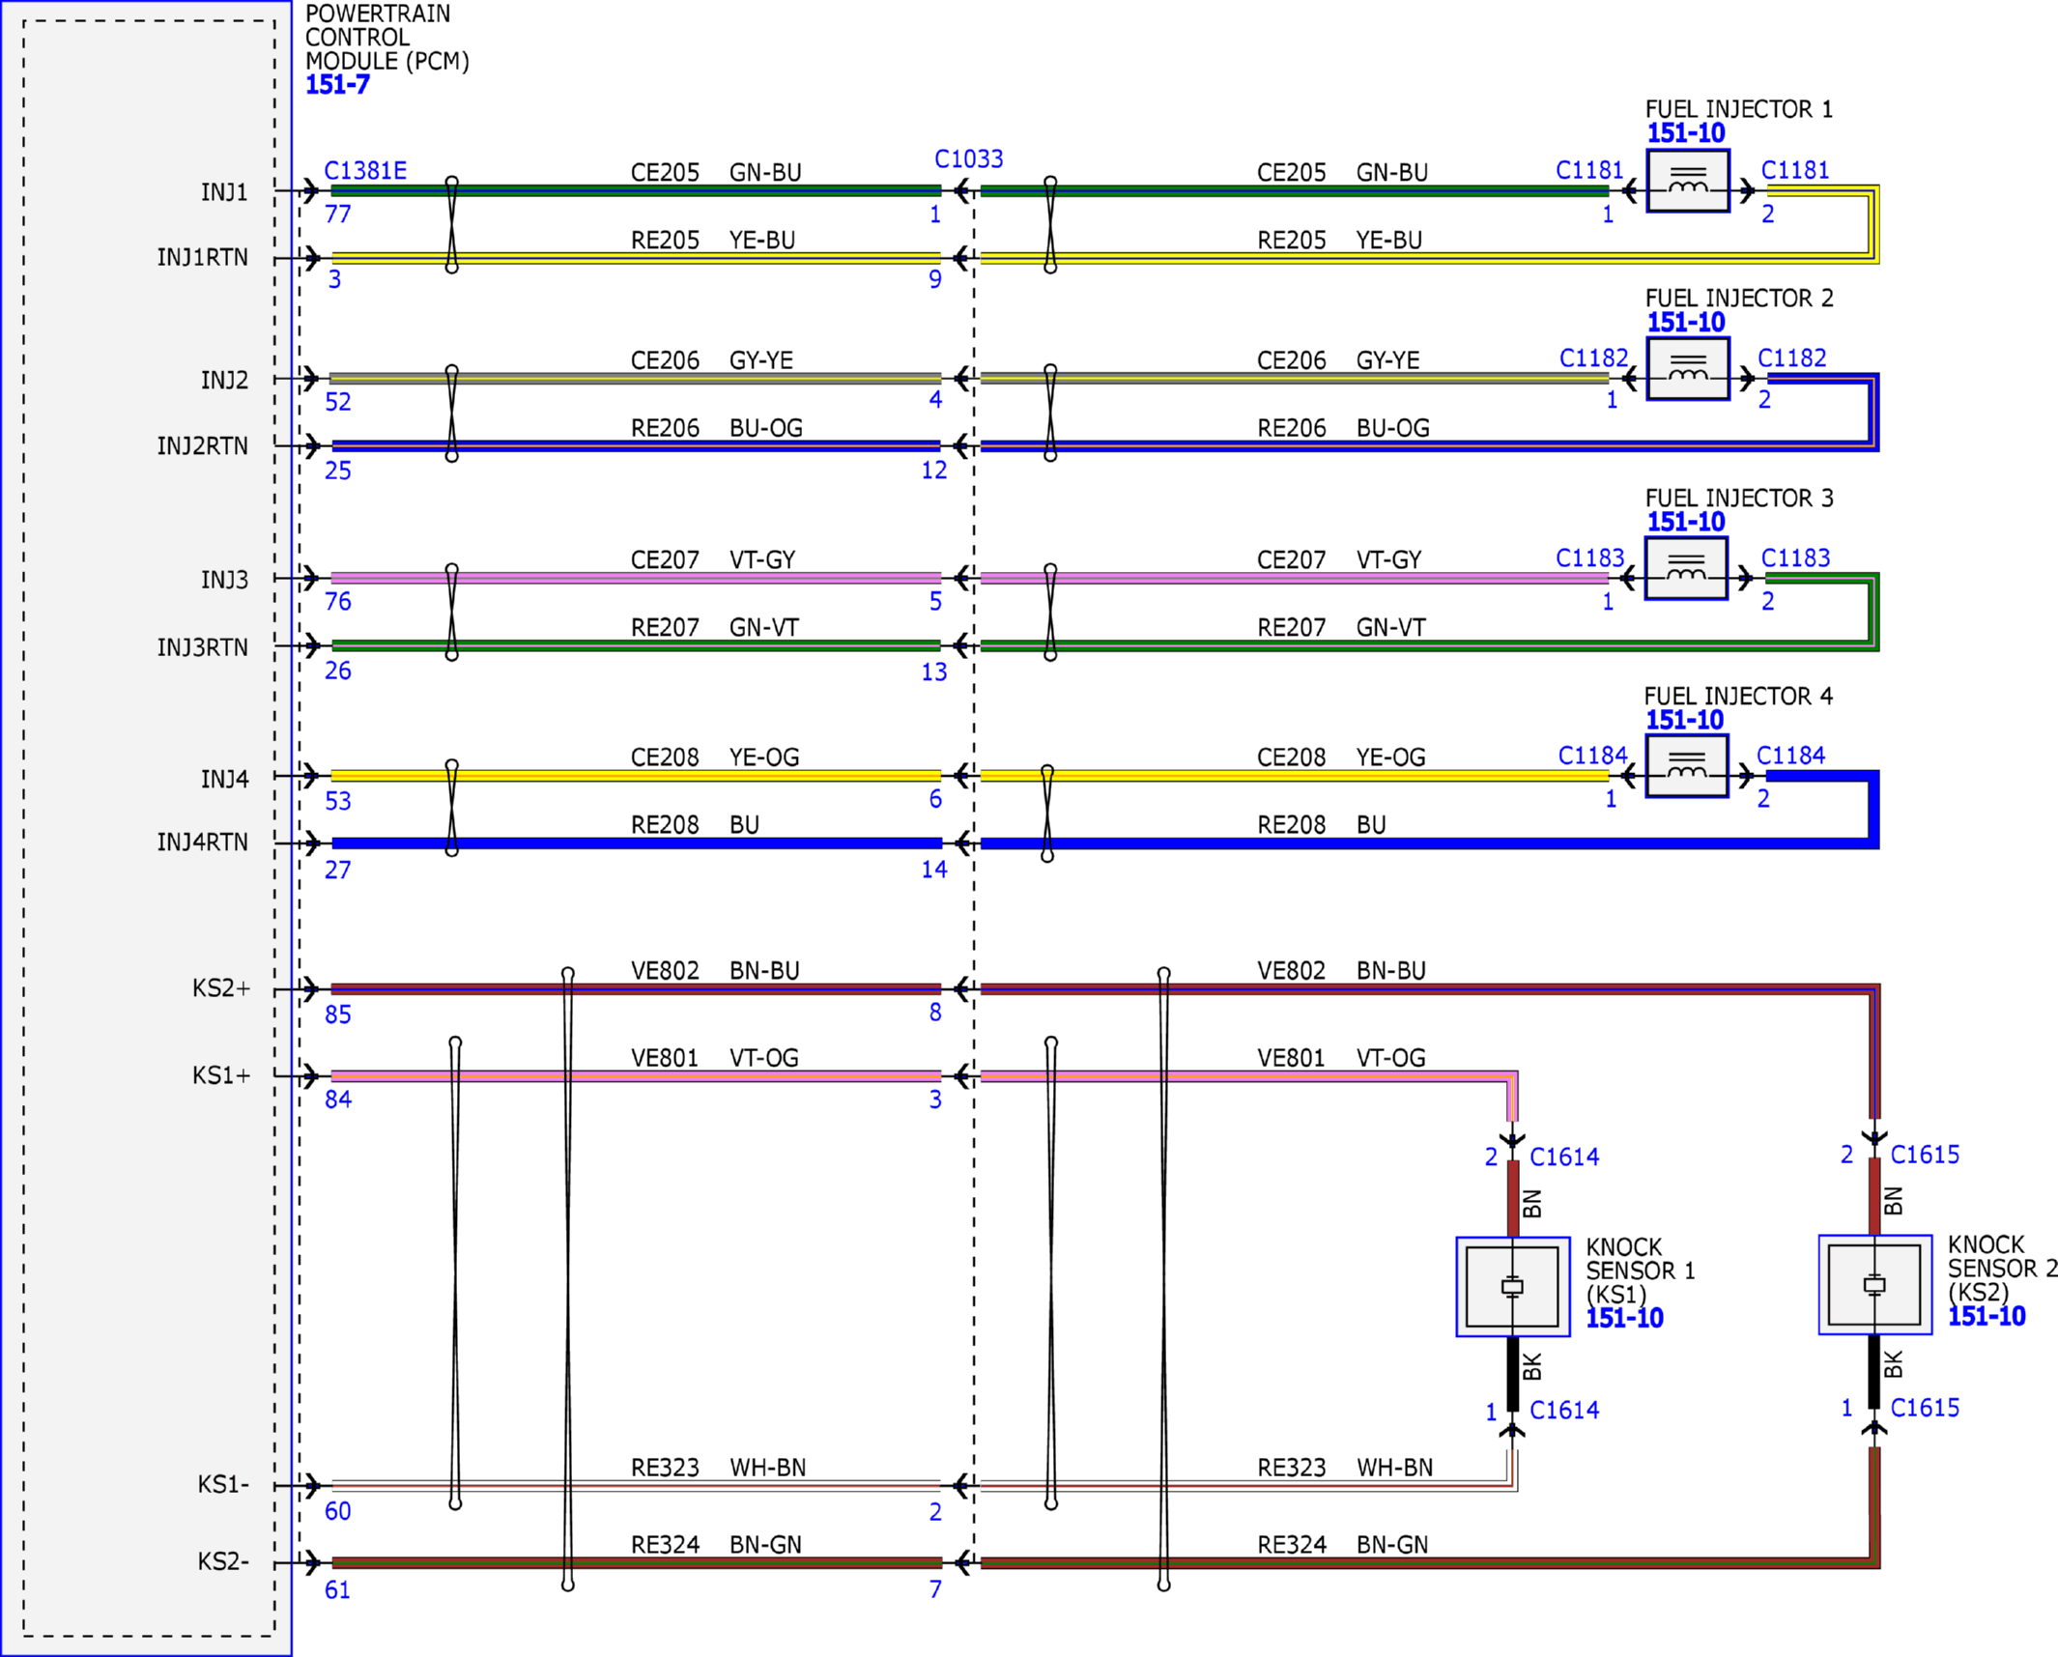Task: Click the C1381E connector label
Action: [x=365, y=171]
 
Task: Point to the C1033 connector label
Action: [x=969, y=158]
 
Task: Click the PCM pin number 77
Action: [x=338, y=214]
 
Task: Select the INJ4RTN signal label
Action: [x=202, y=843]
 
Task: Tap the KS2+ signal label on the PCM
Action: [x=221, y=988]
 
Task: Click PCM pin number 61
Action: [x=337, y=1589]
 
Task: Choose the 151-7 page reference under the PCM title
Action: [x=337, y=85]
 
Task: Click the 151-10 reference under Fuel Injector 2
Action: [x=1686, y=323]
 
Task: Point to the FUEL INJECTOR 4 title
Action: [x=1738, y=696]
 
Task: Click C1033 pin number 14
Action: [x=934, y=870]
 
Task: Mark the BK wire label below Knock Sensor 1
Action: [x=1531, y=1367]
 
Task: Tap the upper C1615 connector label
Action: [x=1925, y=1155]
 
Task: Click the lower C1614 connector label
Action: [x=1564, y=1411]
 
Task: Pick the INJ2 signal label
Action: [x=224, y=381]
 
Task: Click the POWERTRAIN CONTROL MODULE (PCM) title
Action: [x=387, y=38]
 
